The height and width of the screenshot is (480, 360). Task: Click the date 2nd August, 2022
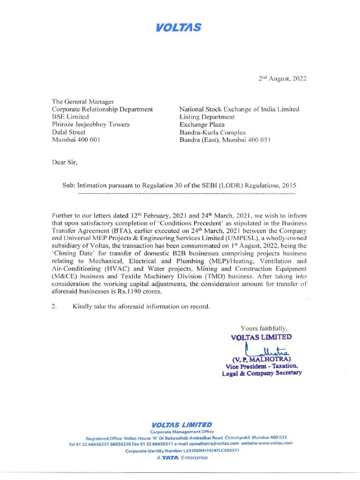click(283, 79)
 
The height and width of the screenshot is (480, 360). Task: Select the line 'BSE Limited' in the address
click(70, 117)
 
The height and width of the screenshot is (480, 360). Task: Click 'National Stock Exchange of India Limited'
click(239, 109)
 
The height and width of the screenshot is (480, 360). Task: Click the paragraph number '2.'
click(54, 307)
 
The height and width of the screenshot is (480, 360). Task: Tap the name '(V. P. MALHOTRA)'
click(262, 359)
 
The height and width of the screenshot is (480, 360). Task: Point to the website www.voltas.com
click(275, 442)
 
